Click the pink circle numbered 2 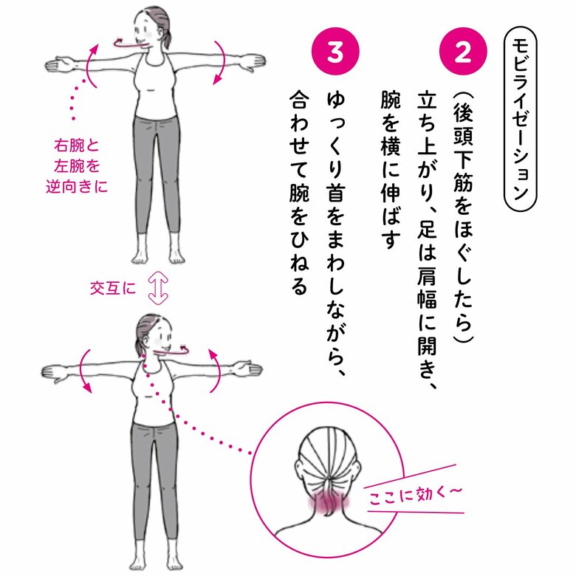pyautogui.click(x=463, y=52)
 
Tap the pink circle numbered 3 pyautogui.click(x=335, y=52)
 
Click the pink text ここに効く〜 pyautogui.click(x=414, y=496)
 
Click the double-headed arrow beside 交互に pyautogui.click(x=158, y=288)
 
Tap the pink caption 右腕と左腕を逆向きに pyautogui.click(x=77, y=166)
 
